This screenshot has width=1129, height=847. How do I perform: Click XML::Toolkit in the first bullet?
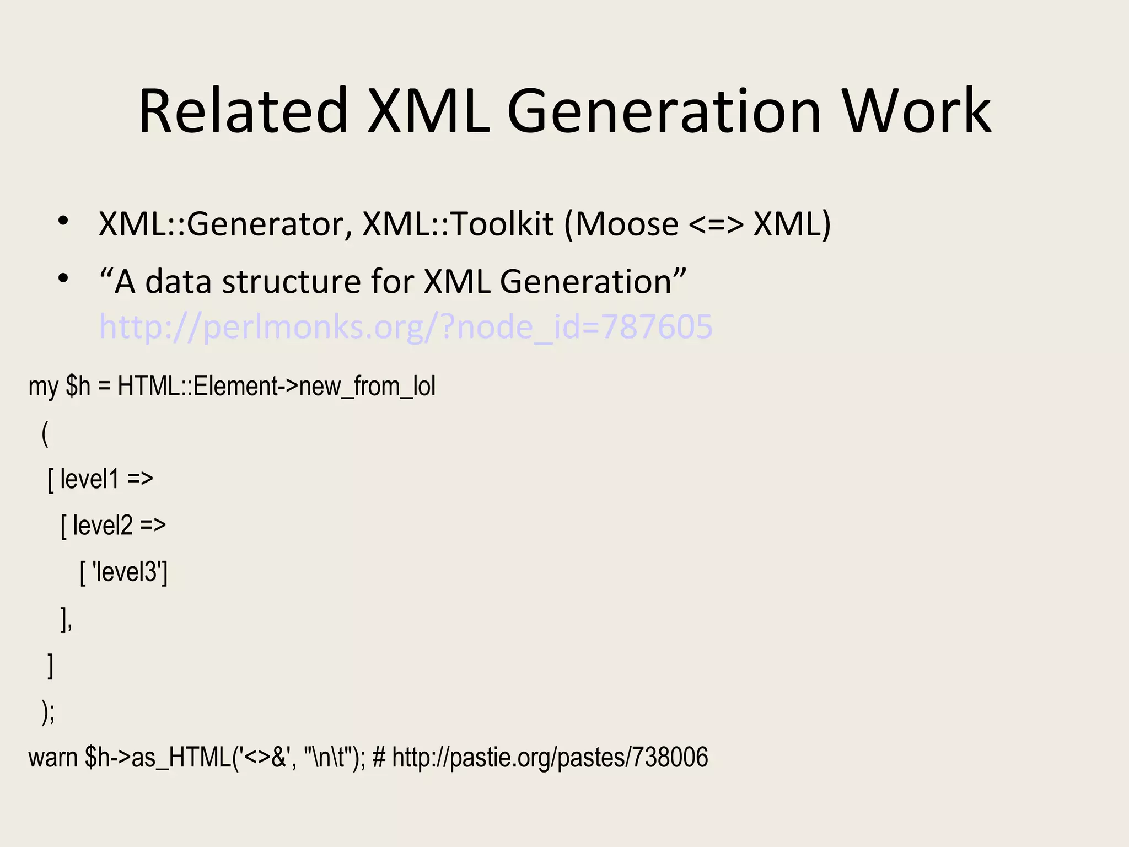pos(458,224)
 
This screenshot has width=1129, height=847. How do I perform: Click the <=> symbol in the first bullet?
pos(716,225)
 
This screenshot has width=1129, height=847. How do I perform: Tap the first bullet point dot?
pos(63,221)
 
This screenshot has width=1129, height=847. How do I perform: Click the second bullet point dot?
pos(63,278)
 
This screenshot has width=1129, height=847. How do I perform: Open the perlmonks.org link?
pos(406,326)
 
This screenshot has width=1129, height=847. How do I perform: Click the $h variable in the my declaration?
pos(78,386)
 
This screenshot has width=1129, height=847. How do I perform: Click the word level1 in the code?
pos(89,479)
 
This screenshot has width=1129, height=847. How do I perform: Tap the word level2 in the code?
pos(103,525)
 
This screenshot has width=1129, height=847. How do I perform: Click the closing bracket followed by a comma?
pos(66,619)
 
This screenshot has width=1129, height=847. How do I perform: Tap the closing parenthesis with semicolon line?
pos(48,711)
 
